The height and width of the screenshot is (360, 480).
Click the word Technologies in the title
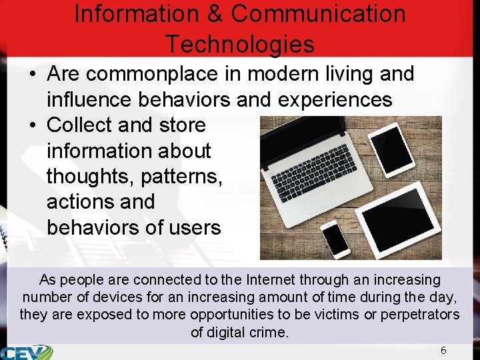240,44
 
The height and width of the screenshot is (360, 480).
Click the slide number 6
443,351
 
